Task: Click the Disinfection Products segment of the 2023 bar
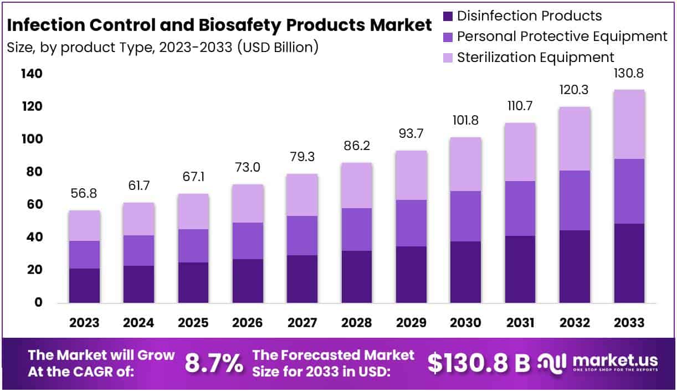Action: pos(84,286)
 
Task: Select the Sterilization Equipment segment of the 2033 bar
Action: pos(629,124)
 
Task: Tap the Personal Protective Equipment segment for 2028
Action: pos(356,229)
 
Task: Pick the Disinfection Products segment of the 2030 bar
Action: pos(465,272)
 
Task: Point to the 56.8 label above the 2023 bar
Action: pos(84,194)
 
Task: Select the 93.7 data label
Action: pos(411,135)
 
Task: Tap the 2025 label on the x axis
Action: pos(193,323)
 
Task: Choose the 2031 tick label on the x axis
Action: pos(520,323)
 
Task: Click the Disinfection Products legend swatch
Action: pos(448,16)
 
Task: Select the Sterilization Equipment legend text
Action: pos(535,57)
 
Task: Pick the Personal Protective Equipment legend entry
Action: pos(562,37)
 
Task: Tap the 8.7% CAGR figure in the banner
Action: pos(213,363)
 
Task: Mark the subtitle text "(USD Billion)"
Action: pos(278,47)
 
